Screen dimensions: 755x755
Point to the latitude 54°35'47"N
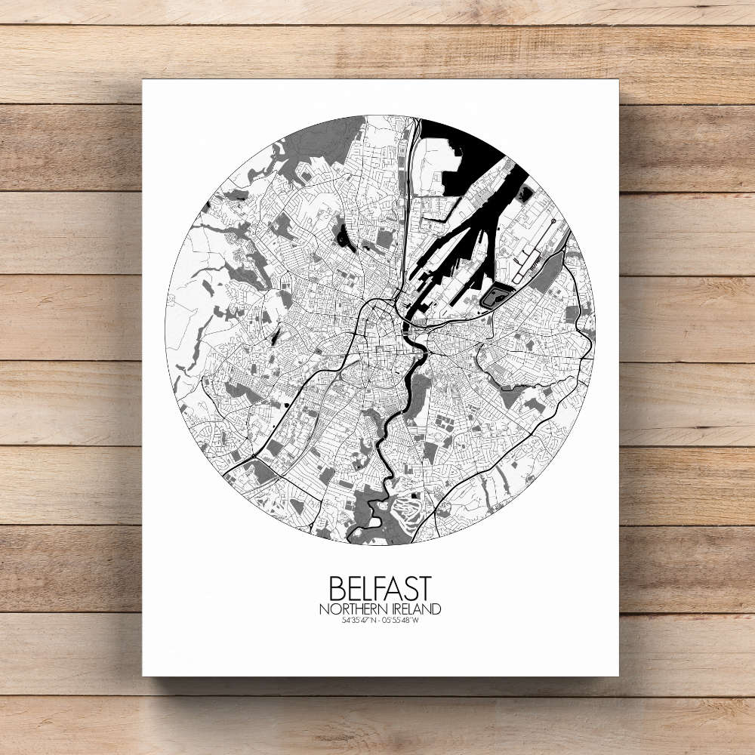point(359,621)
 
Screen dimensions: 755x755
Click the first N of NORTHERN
point(323,609)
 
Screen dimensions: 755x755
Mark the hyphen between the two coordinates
point(381,621)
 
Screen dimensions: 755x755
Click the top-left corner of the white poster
point(143,80)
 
